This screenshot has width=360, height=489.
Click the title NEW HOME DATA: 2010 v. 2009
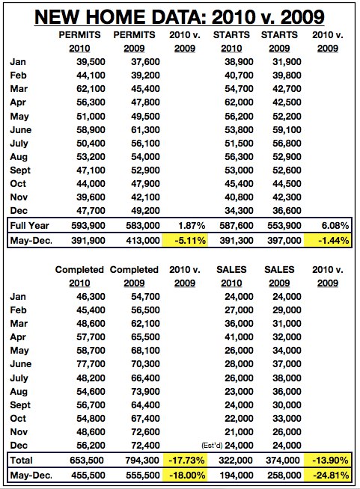pos(180,17)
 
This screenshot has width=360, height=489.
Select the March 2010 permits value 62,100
pos(91,89)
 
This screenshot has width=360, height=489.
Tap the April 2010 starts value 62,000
pos(239,102)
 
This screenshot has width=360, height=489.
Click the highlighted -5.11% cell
pos(185,241)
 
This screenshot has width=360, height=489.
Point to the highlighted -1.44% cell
pos(328,241)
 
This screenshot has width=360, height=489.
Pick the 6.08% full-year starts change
pos(335,226)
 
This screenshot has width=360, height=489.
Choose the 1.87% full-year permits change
pos(192,226)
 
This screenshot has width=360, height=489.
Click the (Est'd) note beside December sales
pos(212,446)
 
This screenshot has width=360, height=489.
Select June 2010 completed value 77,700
pos(91,364)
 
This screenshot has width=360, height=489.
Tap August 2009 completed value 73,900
pos(145,391)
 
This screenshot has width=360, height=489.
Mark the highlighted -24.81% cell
pos(328,476)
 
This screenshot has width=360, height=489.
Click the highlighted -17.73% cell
pos(185,461)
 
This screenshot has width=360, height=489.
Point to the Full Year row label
pos(29,226)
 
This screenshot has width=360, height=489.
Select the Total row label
pos(21,461)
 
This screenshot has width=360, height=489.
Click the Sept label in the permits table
pos(20,170)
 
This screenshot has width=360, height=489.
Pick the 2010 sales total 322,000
pos(236,461)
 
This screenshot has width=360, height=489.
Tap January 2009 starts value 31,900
pos(287,62)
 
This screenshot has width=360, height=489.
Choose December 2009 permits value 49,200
pos(145,211)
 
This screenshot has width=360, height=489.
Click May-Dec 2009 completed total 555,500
pos(143,476)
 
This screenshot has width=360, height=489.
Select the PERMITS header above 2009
pos(134,35)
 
